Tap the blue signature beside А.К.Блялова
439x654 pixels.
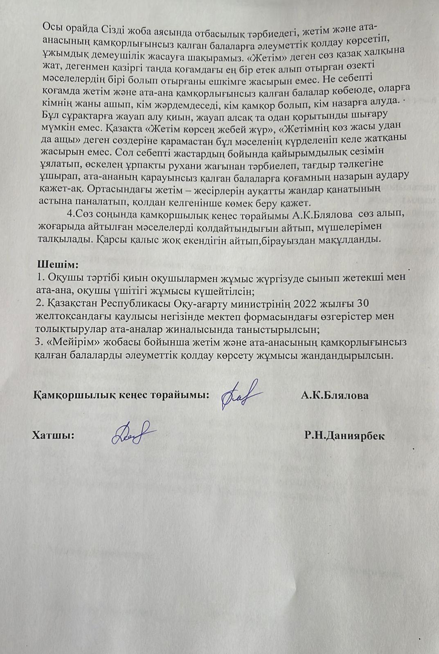pos(241,395)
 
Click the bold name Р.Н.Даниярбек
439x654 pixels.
pos(344,435)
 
